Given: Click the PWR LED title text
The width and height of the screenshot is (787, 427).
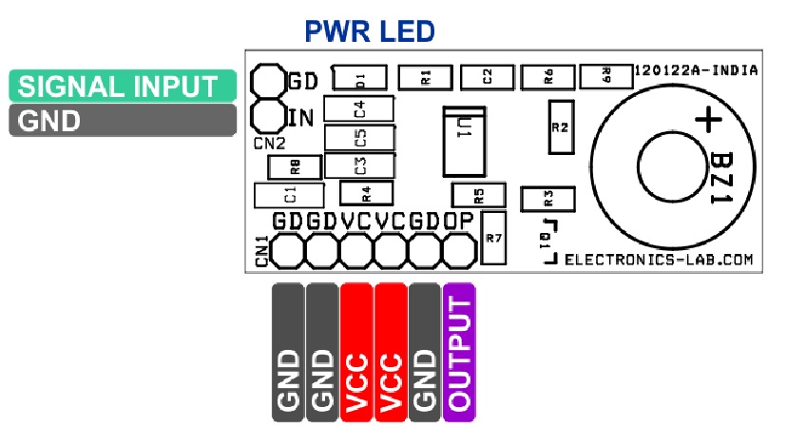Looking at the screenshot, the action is coord(370,31).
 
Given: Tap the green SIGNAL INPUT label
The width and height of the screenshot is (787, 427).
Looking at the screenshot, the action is coord(123,86).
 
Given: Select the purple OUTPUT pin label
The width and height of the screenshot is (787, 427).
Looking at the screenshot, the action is coord(459,352).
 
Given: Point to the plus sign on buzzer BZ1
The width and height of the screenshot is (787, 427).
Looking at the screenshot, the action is coord(709,120).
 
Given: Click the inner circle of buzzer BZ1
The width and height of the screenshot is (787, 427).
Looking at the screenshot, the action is coord(639,165).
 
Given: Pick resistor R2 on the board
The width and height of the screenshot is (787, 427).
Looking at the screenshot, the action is coord(561,127).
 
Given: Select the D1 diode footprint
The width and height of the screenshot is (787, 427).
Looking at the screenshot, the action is coord(359,78).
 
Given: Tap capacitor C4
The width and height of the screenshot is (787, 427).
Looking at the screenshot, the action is coord(358,108).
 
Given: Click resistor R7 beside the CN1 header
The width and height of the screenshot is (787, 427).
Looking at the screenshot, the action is coord(493,238).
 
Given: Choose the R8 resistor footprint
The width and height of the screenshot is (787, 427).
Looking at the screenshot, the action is coord(295,166).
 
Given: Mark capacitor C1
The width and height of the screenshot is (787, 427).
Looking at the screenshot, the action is coord(289,195).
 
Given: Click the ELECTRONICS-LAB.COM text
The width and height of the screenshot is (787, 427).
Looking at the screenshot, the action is coord(659,260).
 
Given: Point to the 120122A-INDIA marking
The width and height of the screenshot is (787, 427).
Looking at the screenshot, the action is coord(696,70).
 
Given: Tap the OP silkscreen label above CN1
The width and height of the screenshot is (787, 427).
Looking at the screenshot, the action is coord(458,221).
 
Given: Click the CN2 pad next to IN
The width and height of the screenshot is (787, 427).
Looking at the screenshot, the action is coord(268,116).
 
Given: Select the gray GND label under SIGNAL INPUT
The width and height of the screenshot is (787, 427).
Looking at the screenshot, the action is coord(123,120).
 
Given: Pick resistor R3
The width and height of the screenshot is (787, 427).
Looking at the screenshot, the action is coord(547,199).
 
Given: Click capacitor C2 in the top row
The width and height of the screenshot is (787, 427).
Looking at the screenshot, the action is coord(487,77).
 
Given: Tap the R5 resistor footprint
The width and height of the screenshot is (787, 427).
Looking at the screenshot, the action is coord(478,195).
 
